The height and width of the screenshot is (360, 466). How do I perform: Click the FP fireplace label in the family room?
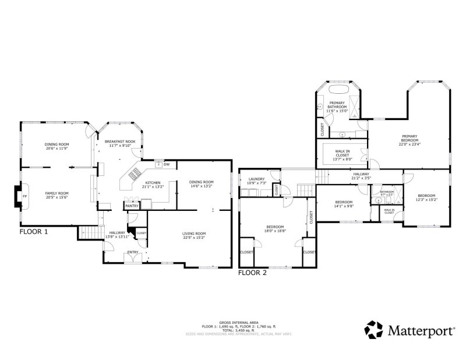24,197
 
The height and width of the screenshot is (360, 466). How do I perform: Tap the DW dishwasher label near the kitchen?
167,164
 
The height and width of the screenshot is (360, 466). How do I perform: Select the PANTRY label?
132,206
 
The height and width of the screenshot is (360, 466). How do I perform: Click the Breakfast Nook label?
120,142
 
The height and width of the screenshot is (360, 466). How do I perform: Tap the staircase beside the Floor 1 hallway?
87,232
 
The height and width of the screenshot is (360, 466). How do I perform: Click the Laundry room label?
256,179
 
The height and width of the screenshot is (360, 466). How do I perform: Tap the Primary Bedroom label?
409,138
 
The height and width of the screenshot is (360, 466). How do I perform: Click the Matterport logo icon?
373,329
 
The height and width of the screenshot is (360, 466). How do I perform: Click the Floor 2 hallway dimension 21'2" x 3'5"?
361,178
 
